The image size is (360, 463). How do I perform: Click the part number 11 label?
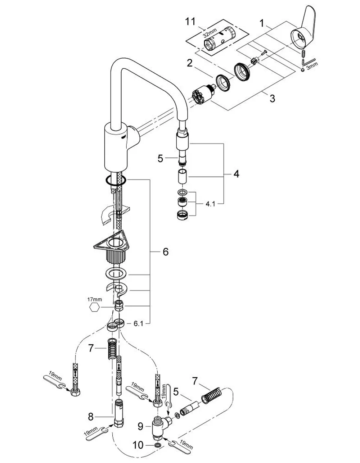[190, 22]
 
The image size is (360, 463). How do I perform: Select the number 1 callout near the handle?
[262, 23]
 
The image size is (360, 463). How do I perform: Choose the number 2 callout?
[189, 63]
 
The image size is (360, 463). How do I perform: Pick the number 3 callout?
[272, 99]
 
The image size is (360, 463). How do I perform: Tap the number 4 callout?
[236, 174]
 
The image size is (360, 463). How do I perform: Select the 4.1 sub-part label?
[210, 204]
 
